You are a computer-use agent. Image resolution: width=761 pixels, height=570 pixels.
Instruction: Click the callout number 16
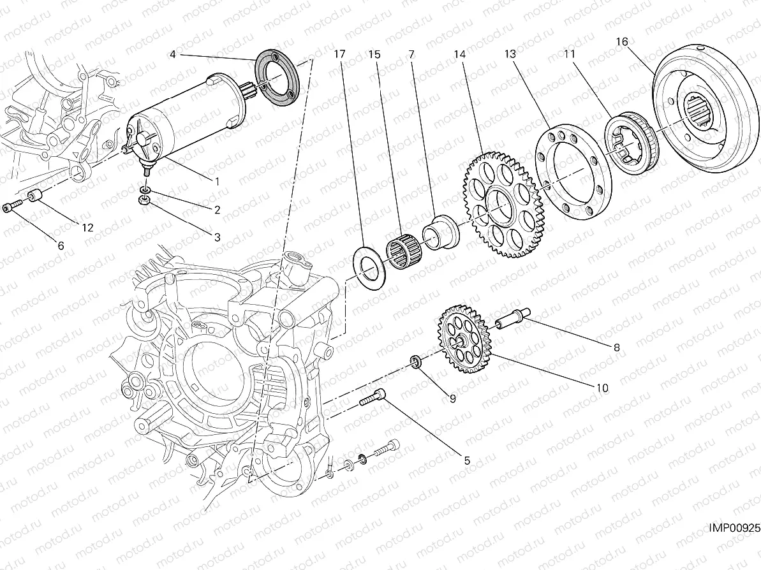click(x=622, y=42)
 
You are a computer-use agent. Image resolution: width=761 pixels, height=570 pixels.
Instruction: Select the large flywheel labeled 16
click(x=702, y=115)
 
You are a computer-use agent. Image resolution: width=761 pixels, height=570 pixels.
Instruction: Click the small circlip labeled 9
click(x=416, y=363)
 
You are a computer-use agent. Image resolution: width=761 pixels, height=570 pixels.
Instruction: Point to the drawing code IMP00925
click(x=733, y=529)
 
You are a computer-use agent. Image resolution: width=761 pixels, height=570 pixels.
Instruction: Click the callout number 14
click(x=460, y=55)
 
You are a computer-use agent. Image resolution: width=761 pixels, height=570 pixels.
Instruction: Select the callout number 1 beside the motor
click(x=217, y=181)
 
